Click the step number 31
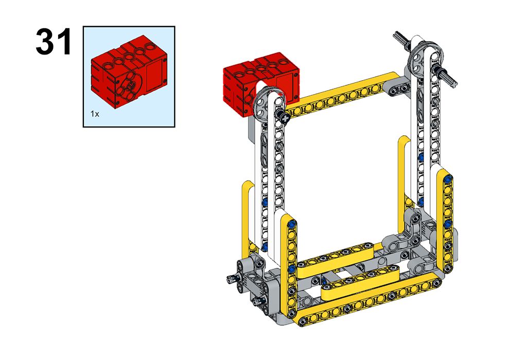[x=54, y=42]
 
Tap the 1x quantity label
[x=95, y=114]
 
